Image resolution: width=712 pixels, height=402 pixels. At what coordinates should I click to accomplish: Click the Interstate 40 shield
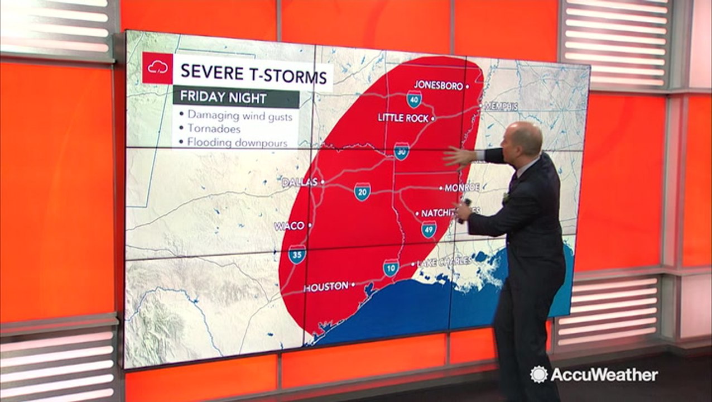(x=414, y=99)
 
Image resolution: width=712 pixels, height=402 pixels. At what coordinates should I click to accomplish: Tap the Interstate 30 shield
(x=401, y=151)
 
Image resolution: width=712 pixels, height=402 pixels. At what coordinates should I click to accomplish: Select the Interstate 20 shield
(x=362, y=192)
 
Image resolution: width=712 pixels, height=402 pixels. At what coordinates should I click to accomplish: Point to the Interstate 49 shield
(x=429, y=229)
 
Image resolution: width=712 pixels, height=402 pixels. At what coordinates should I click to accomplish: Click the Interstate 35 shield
(x=297, y=254)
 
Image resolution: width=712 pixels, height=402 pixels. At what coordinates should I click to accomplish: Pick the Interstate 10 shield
(x=391, y=267)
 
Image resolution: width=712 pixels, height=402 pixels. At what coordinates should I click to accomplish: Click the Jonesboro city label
(x=439, y=86)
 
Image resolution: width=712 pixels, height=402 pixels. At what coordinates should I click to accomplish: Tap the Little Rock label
(x=403, y=118)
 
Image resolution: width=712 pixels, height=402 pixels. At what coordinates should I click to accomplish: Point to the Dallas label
(x=299, y=182)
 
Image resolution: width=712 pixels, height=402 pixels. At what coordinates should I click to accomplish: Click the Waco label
(x=289, y=226)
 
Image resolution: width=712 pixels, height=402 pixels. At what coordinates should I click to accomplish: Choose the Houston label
(x=326, y=286)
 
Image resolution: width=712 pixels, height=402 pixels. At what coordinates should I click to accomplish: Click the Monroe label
(x=461, y=188)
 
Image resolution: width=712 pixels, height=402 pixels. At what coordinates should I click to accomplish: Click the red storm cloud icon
(x=157, y=68)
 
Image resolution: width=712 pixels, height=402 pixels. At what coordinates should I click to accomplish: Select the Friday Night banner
(x=235, y=98)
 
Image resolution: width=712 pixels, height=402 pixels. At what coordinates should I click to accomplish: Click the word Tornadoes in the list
(x=214, y=128)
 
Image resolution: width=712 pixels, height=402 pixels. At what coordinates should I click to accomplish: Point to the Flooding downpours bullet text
(x=237, y=142)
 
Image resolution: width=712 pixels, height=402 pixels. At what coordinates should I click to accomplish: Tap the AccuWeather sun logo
(x=538, y=374)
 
